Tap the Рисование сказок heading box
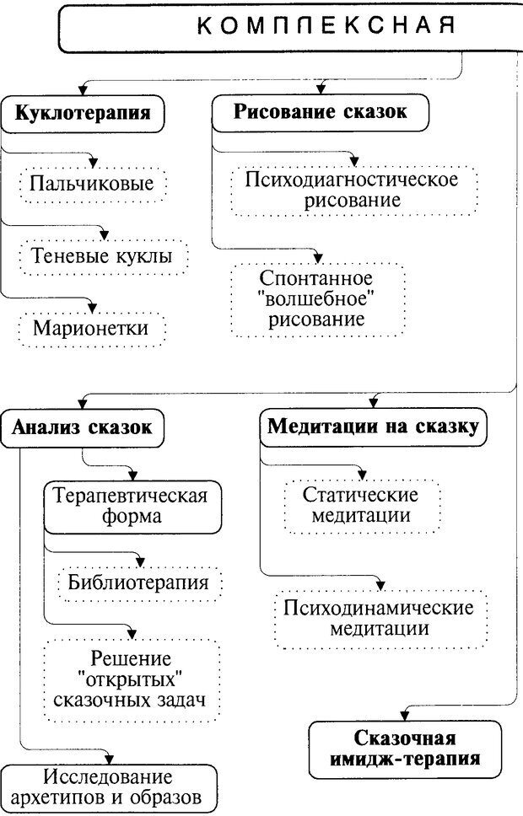click(x=320, y=113)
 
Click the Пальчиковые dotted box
click(x=92, y=184)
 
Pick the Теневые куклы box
click(x=101, y=255)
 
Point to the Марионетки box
click(x=90, y=328)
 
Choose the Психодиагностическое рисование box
click(x=353, y=191)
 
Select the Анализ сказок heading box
click(x=82, y=427)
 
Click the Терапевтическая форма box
click(x=128, y=505)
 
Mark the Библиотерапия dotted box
click(x=138, y=582)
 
